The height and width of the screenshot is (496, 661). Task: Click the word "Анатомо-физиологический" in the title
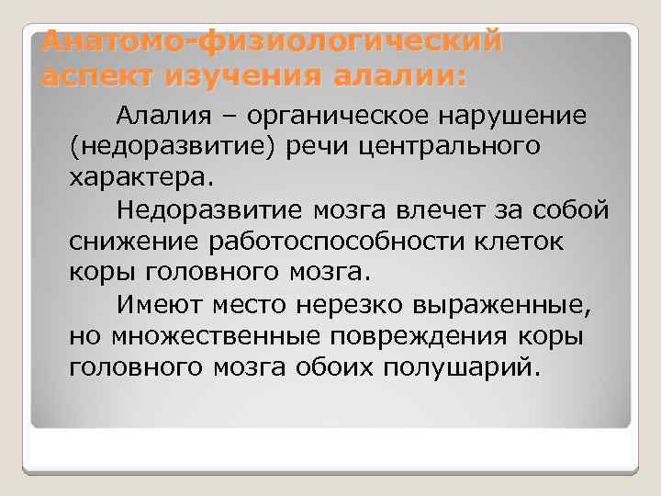273,41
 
